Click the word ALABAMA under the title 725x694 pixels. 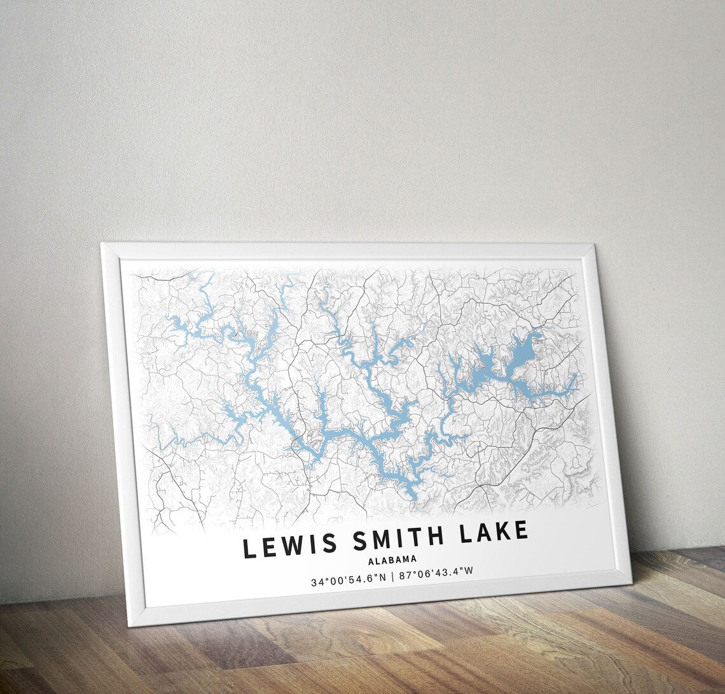[x=392, y=560]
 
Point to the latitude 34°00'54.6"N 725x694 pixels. [x=347, y=580]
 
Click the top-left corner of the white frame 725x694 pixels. [x=102, y=243]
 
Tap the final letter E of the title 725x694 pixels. [x=521, y=530]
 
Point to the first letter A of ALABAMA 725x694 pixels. [x=370, y=562]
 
